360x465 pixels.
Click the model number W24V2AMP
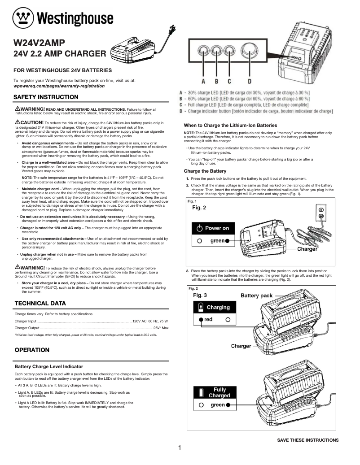pos(40,43)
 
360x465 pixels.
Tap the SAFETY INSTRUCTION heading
pos(46,97)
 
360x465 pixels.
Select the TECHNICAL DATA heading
pos(40,304)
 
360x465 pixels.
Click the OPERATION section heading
pos(32,350)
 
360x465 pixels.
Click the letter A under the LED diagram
pos(203,81)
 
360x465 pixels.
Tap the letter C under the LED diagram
pos(229,81)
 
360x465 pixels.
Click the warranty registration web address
pos(59,86)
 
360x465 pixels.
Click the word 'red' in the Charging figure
pos(208,320)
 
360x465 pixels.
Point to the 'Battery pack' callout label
pos(257,296)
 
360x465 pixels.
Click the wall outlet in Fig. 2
pos(321,213)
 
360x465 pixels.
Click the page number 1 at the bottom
pos(180,448)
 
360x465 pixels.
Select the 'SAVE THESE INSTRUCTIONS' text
pos(307,440)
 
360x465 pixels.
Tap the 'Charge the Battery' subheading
pos(205,171)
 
